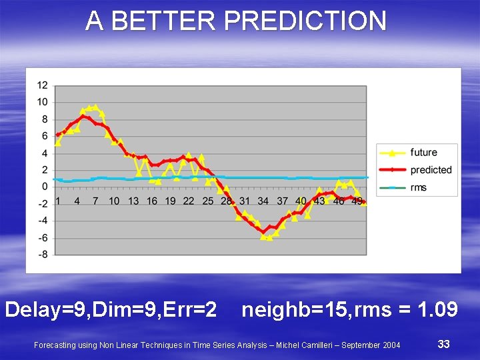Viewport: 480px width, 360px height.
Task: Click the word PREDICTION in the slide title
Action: [305, 21]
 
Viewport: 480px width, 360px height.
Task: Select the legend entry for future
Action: [423, 153]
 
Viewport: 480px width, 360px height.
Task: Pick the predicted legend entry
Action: [431, 170]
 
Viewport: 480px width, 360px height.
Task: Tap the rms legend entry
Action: [418, 187]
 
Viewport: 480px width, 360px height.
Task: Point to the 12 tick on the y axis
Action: [43, 85]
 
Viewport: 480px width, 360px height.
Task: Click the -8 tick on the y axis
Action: [43, 254]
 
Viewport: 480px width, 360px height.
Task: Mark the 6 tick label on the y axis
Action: [45, 136]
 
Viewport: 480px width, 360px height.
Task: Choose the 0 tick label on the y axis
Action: [45, 187]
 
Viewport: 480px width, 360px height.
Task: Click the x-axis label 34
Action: [263, 201]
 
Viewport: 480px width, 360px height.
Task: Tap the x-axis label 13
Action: [133, 201]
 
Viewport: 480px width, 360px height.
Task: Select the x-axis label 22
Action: [189, 201]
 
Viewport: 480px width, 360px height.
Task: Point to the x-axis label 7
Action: [95, 201]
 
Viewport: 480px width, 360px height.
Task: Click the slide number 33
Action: [443, 344]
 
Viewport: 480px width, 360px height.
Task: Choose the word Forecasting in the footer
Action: [54, 345]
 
